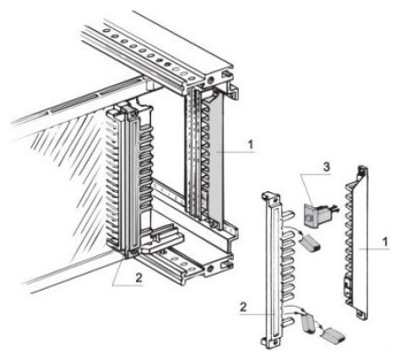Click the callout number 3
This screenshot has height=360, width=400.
click(x=326, y=166)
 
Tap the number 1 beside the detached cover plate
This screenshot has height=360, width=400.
click(x=385, y=242)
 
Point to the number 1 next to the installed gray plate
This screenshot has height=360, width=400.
click(x=251, y=145)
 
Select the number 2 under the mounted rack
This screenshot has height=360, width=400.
click(x=139, y=277)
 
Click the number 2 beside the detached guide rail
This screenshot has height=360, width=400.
click(x=244, y=307)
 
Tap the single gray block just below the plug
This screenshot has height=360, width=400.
click(x=310, y=242)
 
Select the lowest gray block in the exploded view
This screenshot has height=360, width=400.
click(x=333, y=336)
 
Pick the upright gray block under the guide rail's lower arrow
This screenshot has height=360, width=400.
click(x=308, y=324)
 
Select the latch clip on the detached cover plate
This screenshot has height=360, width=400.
click(x=348, y=286)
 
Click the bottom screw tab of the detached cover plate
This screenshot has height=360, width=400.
click(x=362, y=314)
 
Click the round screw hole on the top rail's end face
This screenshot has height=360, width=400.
click(x=211, y=80)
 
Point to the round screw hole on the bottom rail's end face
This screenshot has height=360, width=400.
click(x=211, y=269)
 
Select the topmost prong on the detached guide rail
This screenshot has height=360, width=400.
click(x=288, y=214)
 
